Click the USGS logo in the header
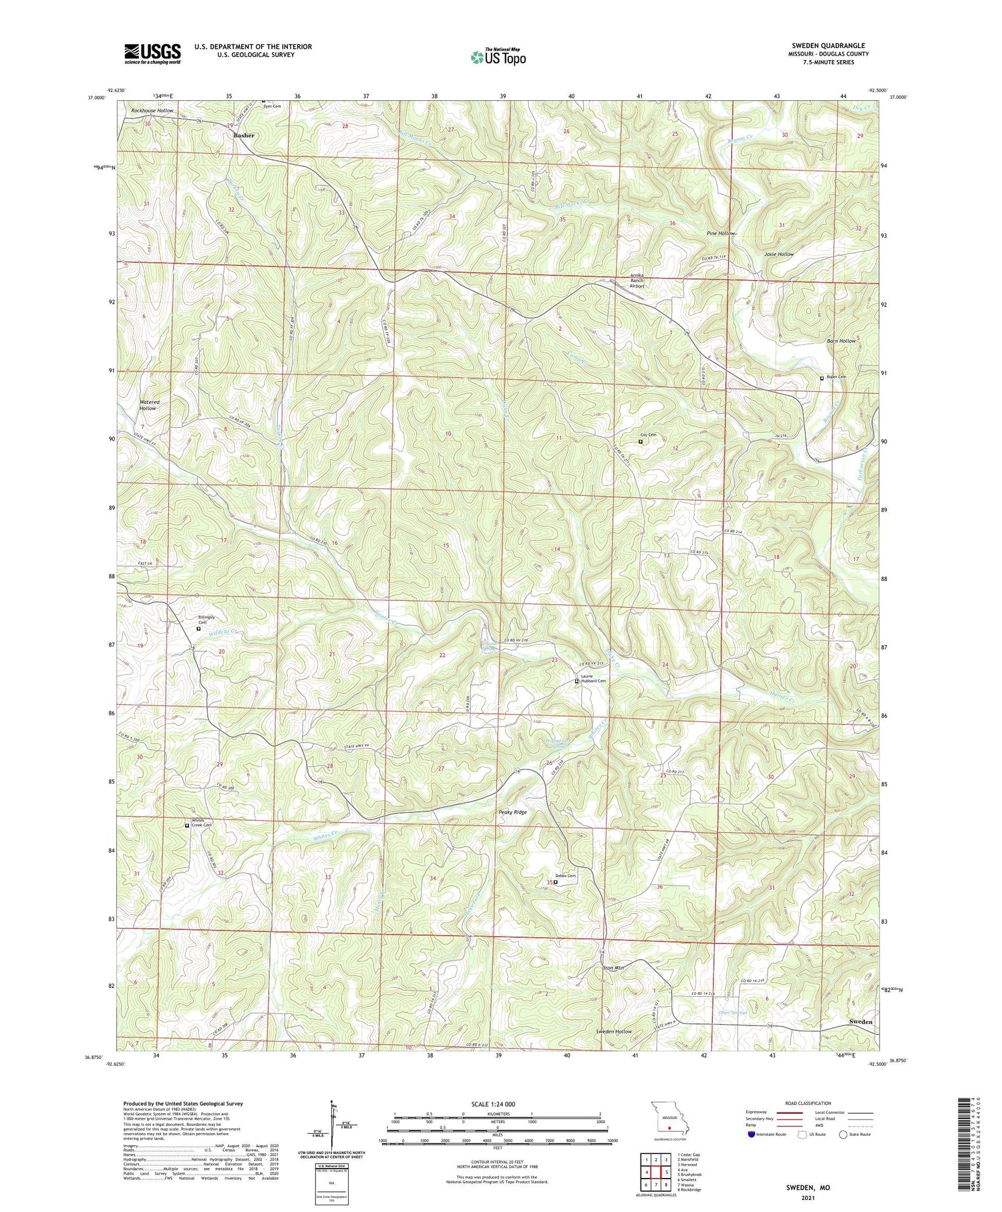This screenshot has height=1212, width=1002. pos(152,53)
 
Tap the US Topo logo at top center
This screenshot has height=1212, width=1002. pos(498,57)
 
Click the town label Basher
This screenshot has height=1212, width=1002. pos(244,136)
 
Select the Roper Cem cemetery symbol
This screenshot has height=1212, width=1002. pos(822,378)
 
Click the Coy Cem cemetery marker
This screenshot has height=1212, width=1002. pos(640,441)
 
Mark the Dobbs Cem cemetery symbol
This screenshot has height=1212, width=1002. pos(555,882)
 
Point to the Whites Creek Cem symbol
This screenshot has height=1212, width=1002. pos(187,825)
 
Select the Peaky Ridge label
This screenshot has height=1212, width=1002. pos(513,812)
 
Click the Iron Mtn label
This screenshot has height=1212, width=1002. pos(613,967)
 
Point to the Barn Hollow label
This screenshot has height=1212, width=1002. pos(841,341)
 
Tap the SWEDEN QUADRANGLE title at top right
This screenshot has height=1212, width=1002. pos(828,45)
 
